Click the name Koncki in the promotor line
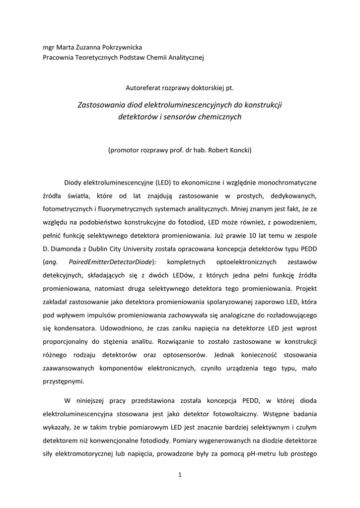(240, 149)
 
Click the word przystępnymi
(64, 381)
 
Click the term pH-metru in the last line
(259, 452)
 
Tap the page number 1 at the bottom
(180, 475)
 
